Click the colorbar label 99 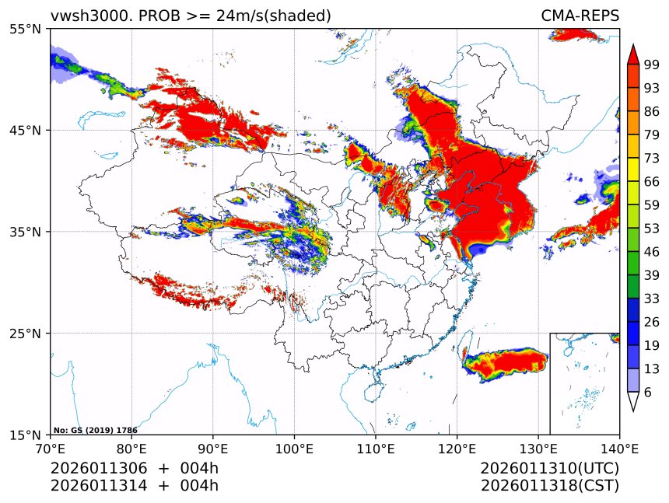pyautogui.click(x=651, y=65)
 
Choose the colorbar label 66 pyautogui.click(x=651, y=181)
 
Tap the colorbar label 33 pyautogui.click(x=651, y=298)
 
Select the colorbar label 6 pyautogui.click(x=647, y=393)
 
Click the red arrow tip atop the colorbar pyautogui.click(x=632, y=52)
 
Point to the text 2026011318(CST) pyautogui.click(x=549, y=486)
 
